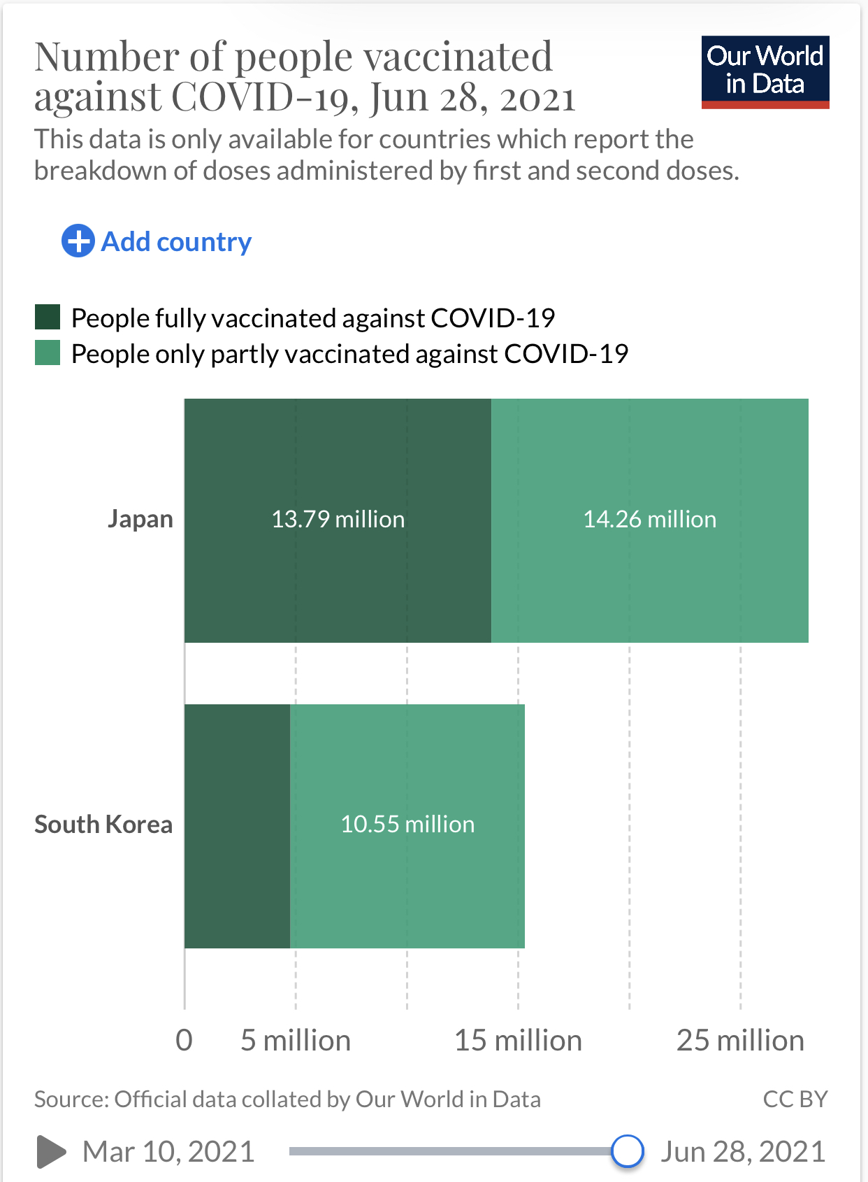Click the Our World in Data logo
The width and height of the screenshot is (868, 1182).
[765, 72]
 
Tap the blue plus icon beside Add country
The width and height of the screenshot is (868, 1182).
[78, 241]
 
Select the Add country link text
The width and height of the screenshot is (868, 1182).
[176, 242]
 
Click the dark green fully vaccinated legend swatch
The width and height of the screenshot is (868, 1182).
[48, 317]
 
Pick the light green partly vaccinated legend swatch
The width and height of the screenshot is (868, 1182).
[48, 353]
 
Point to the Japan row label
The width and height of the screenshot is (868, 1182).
[140, 519]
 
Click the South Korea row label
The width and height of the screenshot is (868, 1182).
[103, 824]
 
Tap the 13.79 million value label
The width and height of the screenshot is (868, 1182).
[338, 519]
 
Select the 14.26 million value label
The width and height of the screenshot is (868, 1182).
[649, 519]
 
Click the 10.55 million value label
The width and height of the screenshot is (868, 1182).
[407, 824]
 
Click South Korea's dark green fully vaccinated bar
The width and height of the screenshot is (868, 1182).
[237, 825]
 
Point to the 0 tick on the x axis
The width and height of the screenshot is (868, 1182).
[184, 1040]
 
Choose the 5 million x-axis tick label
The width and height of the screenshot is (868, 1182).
[295, 1040]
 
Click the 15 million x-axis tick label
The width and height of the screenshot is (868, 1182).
[518, 1040]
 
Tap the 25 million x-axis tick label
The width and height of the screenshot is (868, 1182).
[740, 1040]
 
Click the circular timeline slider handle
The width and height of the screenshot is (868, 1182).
[627, 1151]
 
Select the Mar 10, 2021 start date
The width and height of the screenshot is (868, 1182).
[168, 1151]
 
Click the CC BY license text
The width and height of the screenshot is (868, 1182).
[795, 1099]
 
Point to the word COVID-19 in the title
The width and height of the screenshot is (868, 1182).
[266, 97]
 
